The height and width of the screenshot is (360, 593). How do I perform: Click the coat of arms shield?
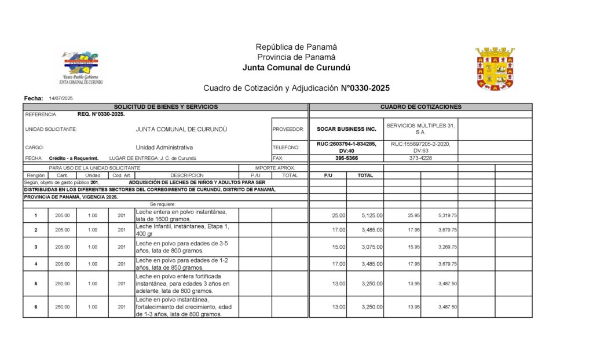click(x=495, y=69)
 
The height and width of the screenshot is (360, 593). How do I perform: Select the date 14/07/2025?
click(x=61, y=99)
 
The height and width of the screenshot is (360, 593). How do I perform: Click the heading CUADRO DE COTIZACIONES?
click(x=421, y=106)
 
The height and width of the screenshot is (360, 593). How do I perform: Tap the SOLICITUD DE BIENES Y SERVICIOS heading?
click(x=166, y=106)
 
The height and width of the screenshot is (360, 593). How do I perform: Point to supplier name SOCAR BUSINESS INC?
click(x=346, y=129)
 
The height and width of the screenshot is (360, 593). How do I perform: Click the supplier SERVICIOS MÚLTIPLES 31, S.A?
click(x=420, y=129)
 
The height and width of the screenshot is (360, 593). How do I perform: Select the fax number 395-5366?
click(x=346, y=158)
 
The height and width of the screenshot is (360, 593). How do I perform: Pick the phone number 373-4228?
click(x=420, y=158)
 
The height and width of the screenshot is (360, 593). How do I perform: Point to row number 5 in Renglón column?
click(x=35, y=284)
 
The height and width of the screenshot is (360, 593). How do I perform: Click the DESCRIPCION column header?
click(x=186, y=175)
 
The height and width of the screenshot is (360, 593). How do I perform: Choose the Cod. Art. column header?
click(x=121, y=175)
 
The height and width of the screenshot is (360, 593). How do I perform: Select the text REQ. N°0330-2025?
click(x=101, y=115)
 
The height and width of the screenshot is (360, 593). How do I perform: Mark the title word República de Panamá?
click(x=296, y=47)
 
